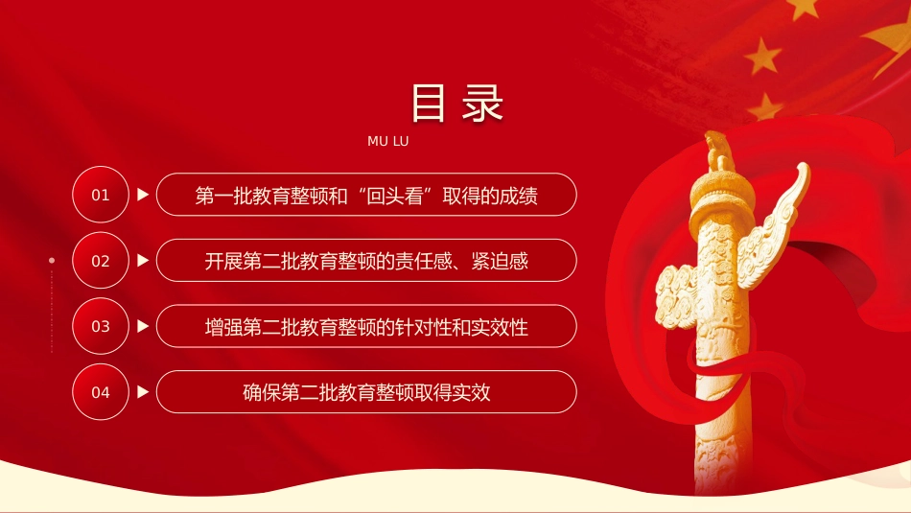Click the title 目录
[456, 104]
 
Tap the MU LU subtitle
[388, 141]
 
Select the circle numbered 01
[101, 195]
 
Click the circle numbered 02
[101, 260]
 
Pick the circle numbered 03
[101, 326]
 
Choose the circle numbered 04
[101, 392]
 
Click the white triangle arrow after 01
[143, 195]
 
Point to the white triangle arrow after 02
[143, 260]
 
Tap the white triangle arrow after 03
[143, 326]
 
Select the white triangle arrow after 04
[143, 392]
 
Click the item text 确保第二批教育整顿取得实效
[366, 393]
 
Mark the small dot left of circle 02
[52, 260]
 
